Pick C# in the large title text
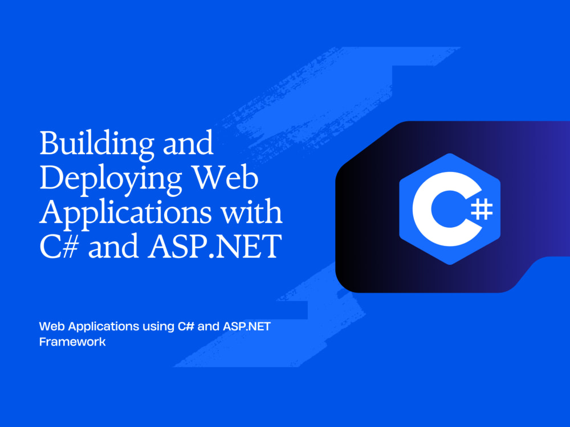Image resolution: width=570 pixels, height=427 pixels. point(59,248)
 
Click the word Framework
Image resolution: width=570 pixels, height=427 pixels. point(72,343)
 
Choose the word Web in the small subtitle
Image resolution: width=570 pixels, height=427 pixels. point(50,327)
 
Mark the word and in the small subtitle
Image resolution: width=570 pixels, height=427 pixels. point(209,327)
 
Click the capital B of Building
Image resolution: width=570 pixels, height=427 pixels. point(48,143)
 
